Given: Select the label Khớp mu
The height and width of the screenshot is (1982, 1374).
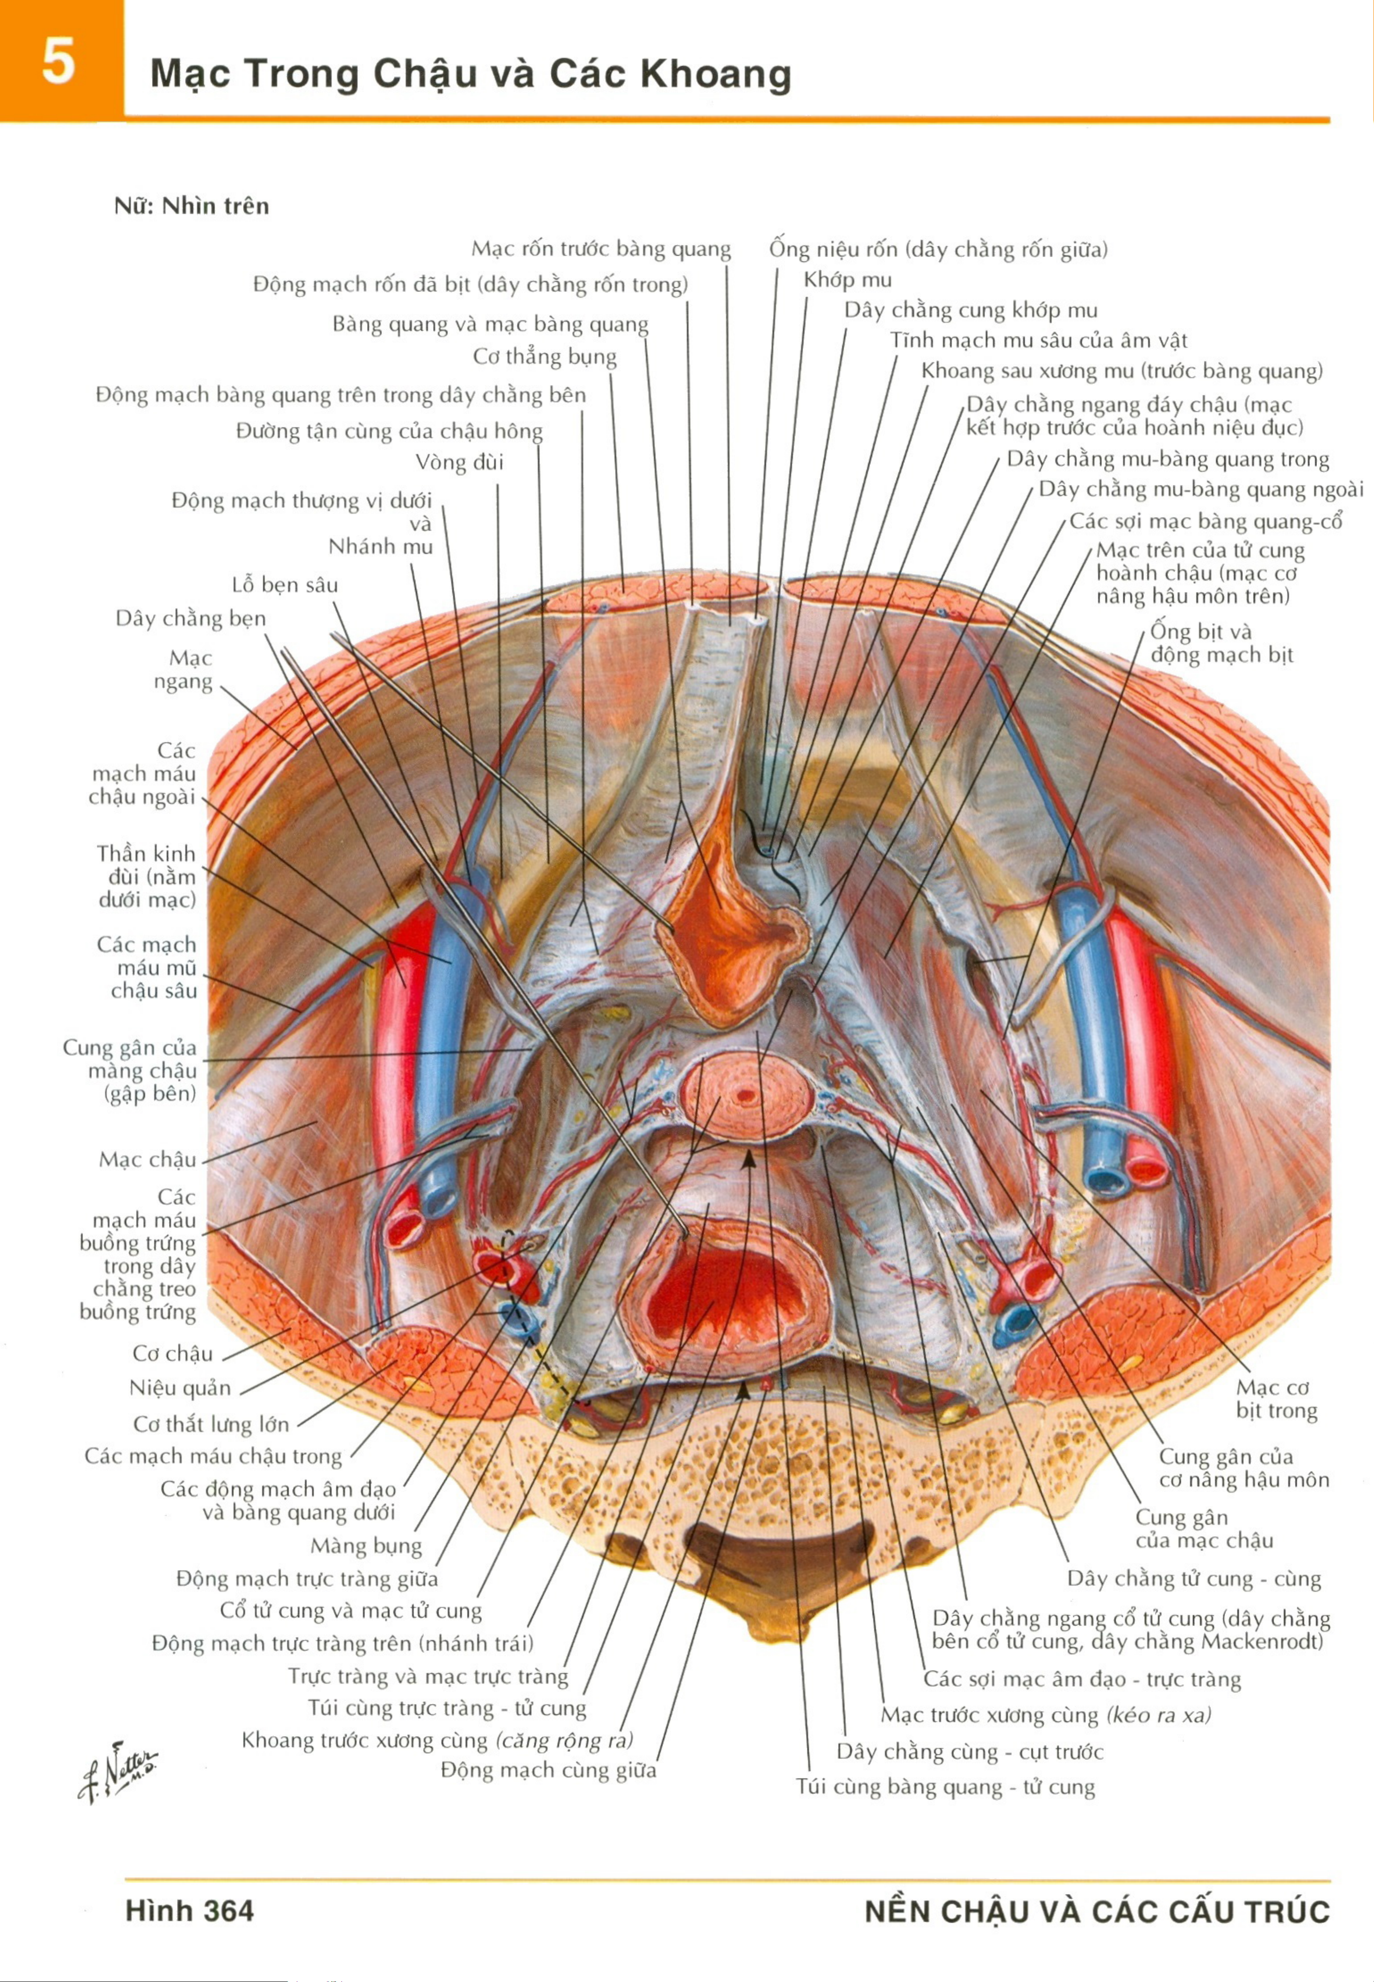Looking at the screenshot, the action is tap(847, 280).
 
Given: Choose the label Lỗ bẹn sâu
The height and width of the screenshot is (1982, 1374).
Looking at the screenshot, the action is tap(285, 585).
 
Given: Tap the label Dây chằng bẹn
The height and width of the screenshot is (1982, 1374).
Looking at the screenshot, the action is tap(191, 619).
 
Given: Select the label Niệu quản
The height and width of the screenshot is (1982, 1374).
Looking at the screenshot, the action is tap(180, 1388).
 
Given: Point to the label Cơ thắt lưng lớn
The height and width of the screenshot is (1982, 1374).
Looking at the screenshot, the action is tap(211, 1424).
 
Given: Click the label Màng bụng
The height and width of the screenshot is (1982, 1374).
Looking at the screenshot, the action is tap(366, 1546).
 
